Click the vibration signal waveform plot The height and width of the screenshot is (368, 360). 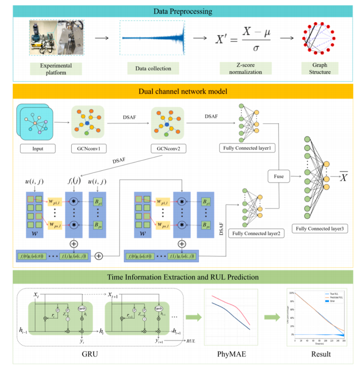click(x=153, y=38)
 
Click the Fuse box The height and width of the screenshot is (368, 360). click(x=278, y=178)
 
